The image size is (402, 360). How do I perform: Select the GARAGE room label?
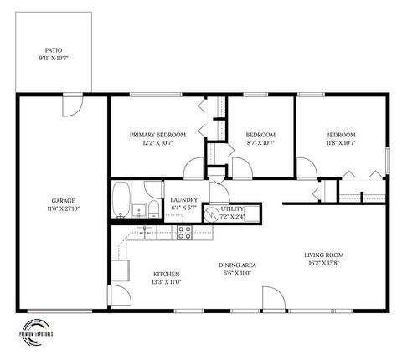pyautogui.click(x=64, y=201)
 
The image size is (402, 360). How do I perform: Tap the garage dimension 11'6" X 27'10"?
pyautogui.click(x=64, y=208)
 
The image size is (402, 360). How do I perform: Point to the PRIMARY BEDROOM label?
pyautogui.click(x=157, y=135)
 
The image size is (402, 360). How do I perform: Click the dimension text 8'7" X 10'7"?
pyautogui.click(x=260, y=142)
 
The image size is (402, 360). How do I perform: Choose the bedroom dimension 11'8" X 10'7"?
pyautogui.click(x=340, y=142)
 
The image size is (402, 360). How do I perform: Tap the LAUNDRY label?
pyautogui.click(x=183, y=199)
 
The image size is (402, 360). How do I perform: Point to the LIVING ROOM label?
pyautogui.click(x=323, y=255)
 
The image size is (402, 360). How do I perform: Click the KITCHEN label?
pyautogui.click(x=166, y=275)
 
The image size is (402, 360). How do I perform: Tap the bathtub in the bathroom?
pyautogui.click(x=122, y=200)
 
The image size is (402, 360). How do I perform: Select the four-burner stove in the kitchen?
pyautogui.click(x=184, y=232)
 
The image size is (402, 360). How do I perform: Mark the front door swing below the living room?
pyautogui.click(x=273, y=299)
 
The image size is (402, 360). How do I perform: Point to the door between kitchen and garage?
pyautogui.click(x=117, y=296)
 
